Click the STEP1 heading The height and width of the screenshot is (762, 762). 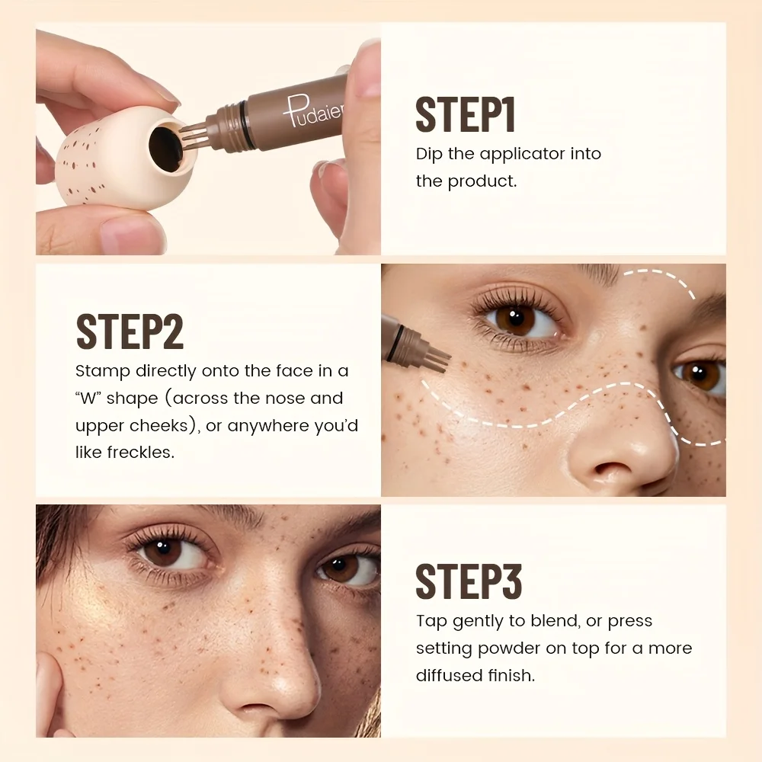coord(466,115)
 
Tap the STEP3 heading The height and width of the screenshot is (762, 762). coord(469,582)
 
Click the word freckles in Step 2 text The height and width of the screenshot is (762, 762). coord(144,452)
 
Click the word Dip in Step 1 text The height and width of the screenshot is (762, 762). coord(428,154)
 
